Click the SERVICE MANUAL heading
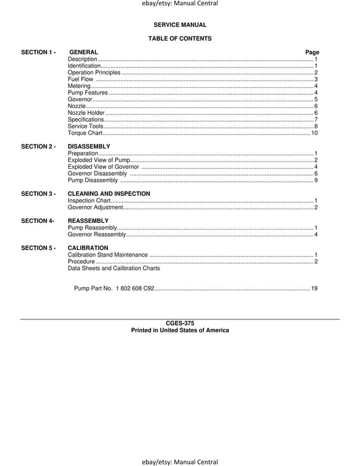click(x=179, y=24)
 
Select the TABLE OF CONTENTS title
click(x=180, y=38)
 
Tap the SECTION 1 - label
click(x=38, y=52)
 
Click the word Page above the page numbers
click(x=312, y=52)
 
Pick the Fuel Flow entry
click(x=80, y=80)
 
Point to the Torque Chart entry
click(x=85, y=132)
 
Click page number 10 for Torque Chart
click(x=314, y=132)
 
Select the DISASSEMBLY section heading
click(x=89, y=147)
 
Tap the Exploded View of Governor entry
click(x=103, y=167)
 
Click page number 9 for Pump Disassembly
click(x=315, y=180)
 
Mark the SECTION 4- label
click(x=37, y=221)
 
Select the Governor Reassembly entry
click(x=97, y=234)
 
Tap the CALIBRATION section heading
click(x=88, y=248)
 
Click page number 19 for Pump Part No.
click(x=314, y=288)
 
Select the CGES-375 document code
click(x=180, y=323)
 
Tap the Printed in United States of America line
click(x=180, y=330)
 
